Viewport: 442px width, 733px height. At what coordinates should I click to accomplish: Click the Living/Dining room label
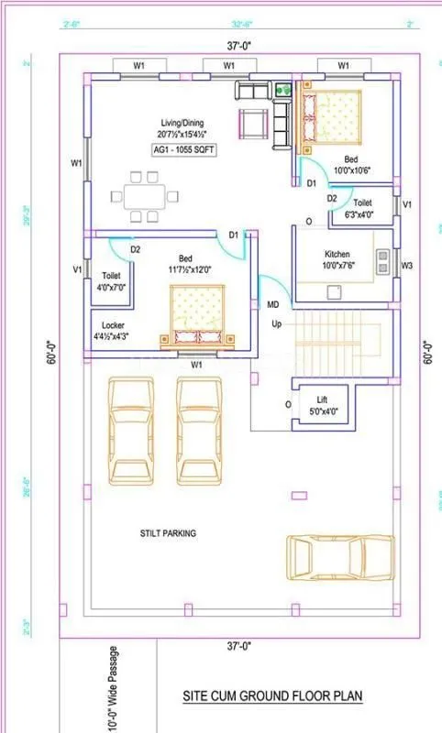click(x=182, y=127)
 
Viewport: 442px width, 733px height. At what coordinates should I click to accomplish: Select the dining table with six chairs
click(x=148, y=196)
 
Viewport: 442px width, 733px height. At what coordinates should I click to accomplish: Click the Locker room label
click(x=113, y=331)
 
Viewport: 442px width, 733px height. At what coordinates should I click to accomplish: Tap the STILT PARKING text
click(x=168, y=532)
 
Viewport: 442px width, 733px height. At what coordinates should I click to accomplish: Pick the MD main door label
click(x=272, y=304)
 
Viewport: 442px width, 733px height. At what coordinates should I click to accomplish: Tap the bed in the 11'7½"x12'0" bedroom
click(x=196, y=312)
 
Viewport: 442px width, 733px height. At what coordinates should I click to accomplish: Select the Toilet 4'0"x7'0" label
click(x=111, y=280)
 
